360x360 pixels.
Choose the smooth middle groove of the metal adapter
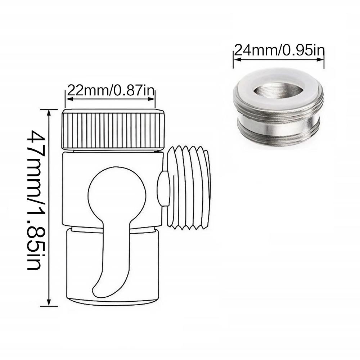point(278,117)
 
